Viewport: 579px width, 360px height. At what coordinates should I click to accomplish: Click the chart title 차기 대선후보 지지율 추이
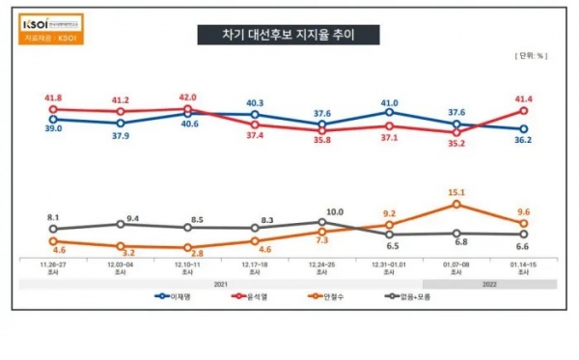[x=288, y=36]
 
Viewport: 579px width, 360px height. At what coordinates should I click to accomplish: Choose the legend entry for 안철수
[x=325, y=296]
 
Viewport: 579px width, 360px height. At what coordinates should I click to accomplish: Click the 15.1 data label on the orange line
[x=456, y=192]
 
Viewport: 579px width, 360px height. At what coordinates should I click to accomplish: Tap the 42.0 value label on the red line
[x=188, y=97]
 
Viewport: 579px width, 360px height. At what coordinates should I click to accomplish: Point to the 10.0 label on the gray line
[x=334, y=211]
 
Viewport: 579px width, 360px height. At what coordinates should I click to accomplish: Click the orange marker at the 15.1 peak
[x=456, y=204]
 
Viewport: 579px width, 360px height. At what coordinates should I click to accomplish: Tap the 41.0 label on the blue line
[x=389, y=102]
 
